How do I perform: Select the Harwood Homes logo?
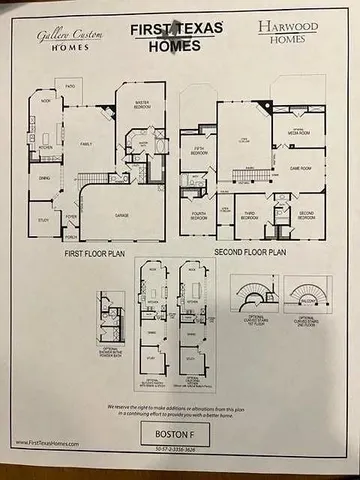click(289, 33)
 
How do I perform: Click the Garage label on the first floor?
click(121, 215)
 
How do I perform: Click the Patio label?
click(69, 87)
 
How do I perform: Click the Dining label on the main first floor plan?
click(44, 180)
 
